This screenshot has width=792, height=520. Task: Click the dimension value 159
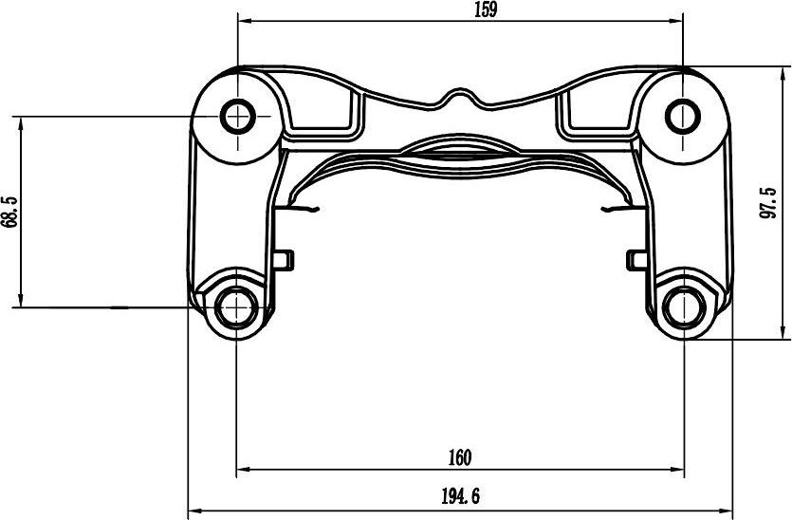486,9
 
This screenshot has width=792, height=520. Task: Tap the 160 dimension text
460,457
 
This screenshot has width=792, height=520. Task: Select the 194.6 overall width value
460,496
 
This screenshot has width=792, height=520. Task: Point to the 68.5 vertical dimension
10,212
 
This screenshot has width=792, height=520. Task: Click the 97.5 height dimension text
767,202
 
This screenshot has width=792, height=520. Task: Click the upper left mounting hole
237,116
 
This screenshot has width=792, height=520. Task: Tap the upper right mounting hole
683,116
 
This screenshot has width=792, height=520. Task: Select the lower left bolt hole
236,306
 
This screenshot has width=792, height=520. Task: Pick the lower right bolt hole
685,306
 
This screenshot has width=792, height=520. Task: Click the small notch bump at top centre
457,95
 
